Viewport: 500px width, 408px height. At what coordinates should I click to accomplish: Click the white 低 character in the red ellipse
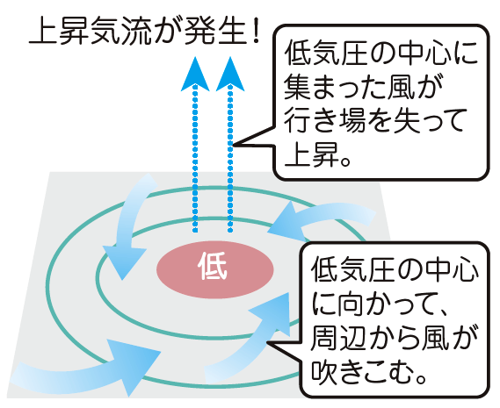[213, 266]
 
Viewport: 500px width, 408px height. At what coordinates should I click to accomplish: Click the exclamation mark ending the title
[254, 31]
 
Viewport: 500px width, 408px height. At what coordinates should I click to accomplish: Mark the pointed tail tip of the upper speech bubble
[234, 146]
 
